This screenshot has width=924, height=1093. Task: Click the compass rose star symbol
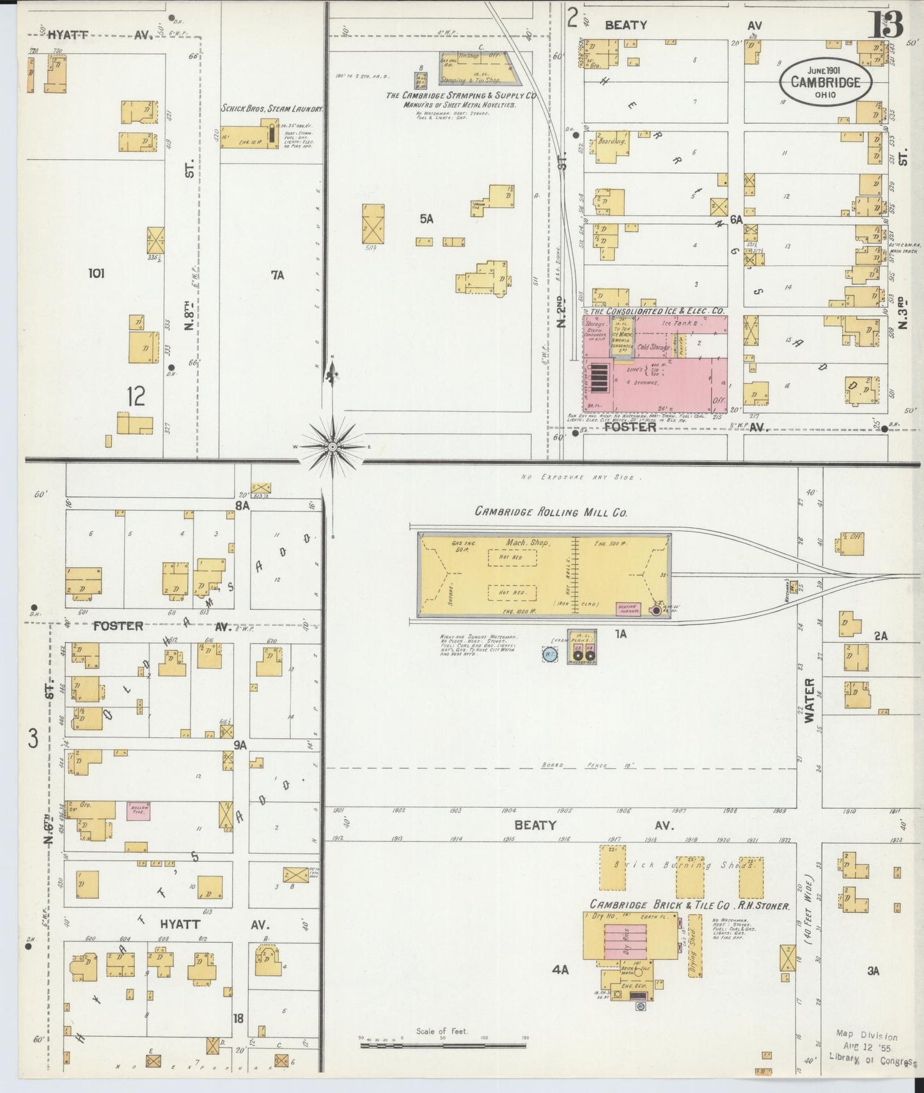(x=333, y=446)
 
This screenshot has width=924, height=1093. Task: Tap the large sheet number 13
(x=886, y=24)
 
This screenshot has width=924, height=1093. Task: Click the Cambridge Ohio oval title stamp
(x=825, y=82)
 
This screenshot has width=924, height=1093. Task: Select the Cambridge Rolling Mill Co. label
(x=551, y=512)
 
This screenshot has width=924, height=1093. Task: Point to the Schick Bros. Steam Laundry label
(x=272, y=109)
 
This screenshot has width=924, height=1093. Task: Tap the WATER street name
(x=811, y=700)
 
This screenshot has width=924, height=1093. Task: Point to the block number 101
(x=97, y=274)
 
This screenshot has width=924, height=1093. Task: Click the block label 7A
(x=277, y=275)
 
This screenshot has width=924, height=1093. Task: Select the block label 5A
(x=427, y=219)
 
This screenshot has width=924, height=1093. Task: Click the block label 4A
(x=560, y=969)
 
